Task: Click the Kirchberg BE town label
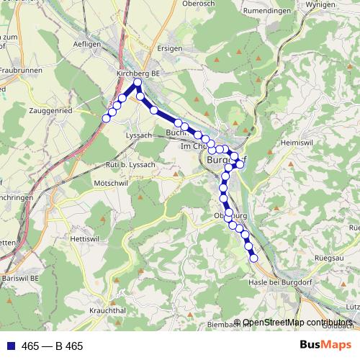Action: pyautogui.click(x=138, y=73)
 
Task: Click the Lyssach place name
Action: pyautogui.click(x=139, y=135)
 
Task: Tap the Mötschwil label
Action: pyautogui.click(x=110, y=184)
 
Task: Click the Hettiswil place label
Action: pyautogui.click(x=84, y=238)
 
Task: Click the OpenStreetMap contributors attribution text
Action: pyautogui.click(x=297, y=323)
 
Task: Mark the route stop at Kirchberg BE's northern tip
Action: pyautogui.click(x=138, y=83)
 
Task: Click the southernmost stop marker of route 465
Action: pyautogui.click(x=253, y=258)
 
